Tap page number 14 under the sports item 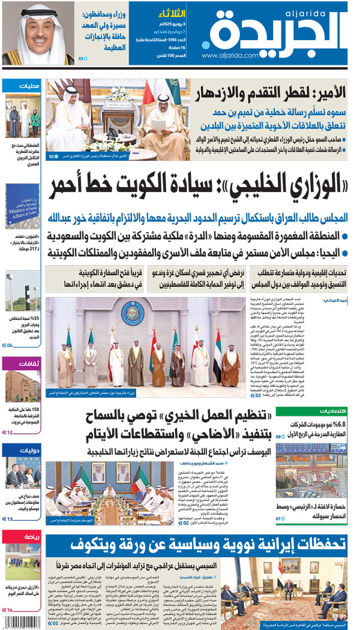[9, 610]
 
